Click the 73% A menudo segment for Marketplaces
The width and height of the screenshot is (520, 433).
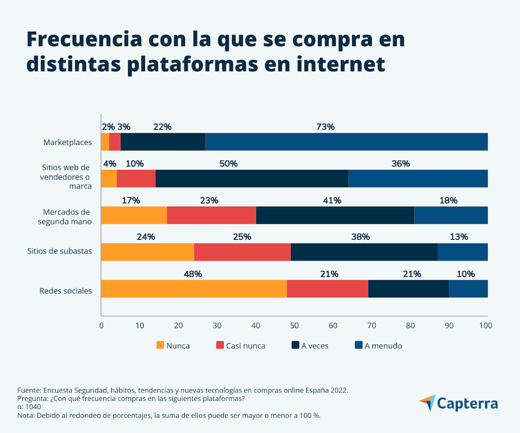[346, 142]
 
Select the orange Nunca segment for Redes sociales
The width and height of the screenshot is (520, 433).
[194, 289]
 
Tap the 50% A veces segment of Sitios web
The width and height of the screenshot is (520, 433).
[251, 179]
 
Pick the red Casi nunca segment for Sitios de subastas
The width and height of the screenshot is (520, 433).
[242, 252]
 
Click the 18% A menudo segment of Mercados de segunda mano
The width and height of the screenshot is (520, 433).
[450, 215]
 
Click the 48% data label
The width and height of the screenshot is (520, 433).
[193, 274]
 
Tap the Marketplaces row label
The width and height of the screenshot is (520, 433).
[67, 142]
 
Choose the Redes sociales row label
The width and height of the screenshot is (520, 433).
[66, 291]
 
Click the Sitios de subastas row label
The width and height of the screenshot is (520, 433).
[60, 251]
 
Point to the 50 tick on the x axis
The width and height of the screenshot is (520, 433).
[294, 326]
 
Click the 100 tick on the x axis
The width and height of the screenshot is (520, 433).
[486, 326]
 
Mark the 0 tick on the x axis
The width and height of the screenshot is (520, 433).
[101, 326]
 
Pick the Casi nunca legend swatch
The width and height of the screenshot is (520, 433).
[220, 345]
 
